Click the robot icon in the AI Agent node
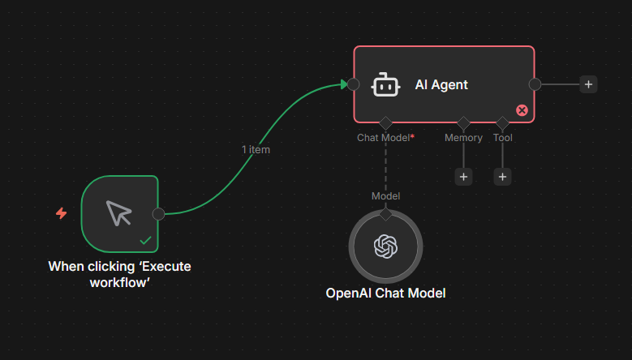[385, 84]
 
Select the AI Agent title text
[441, 84]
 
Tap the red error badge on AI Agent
[522, 110]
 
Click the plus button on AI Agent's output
[588, 84]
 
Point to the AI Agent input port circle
[353, 84]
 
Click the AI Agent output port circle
[535, 84]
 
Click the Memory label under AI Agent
[463, 138]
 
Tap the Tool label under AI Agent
[502, 138]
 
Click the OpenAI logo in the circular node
[385, 246]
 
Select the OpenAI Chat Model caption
[385, 294]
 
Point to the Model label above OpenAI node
[385, 195]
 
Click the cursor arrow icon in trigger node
[118, 213]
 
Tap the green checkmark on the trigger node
[145, 240]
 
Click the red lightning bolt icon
[61, 213]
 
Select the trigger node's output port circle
[158, 213]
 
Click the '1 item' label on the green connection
[256, 149]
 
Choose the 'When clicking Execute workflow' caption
[120, 272]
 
